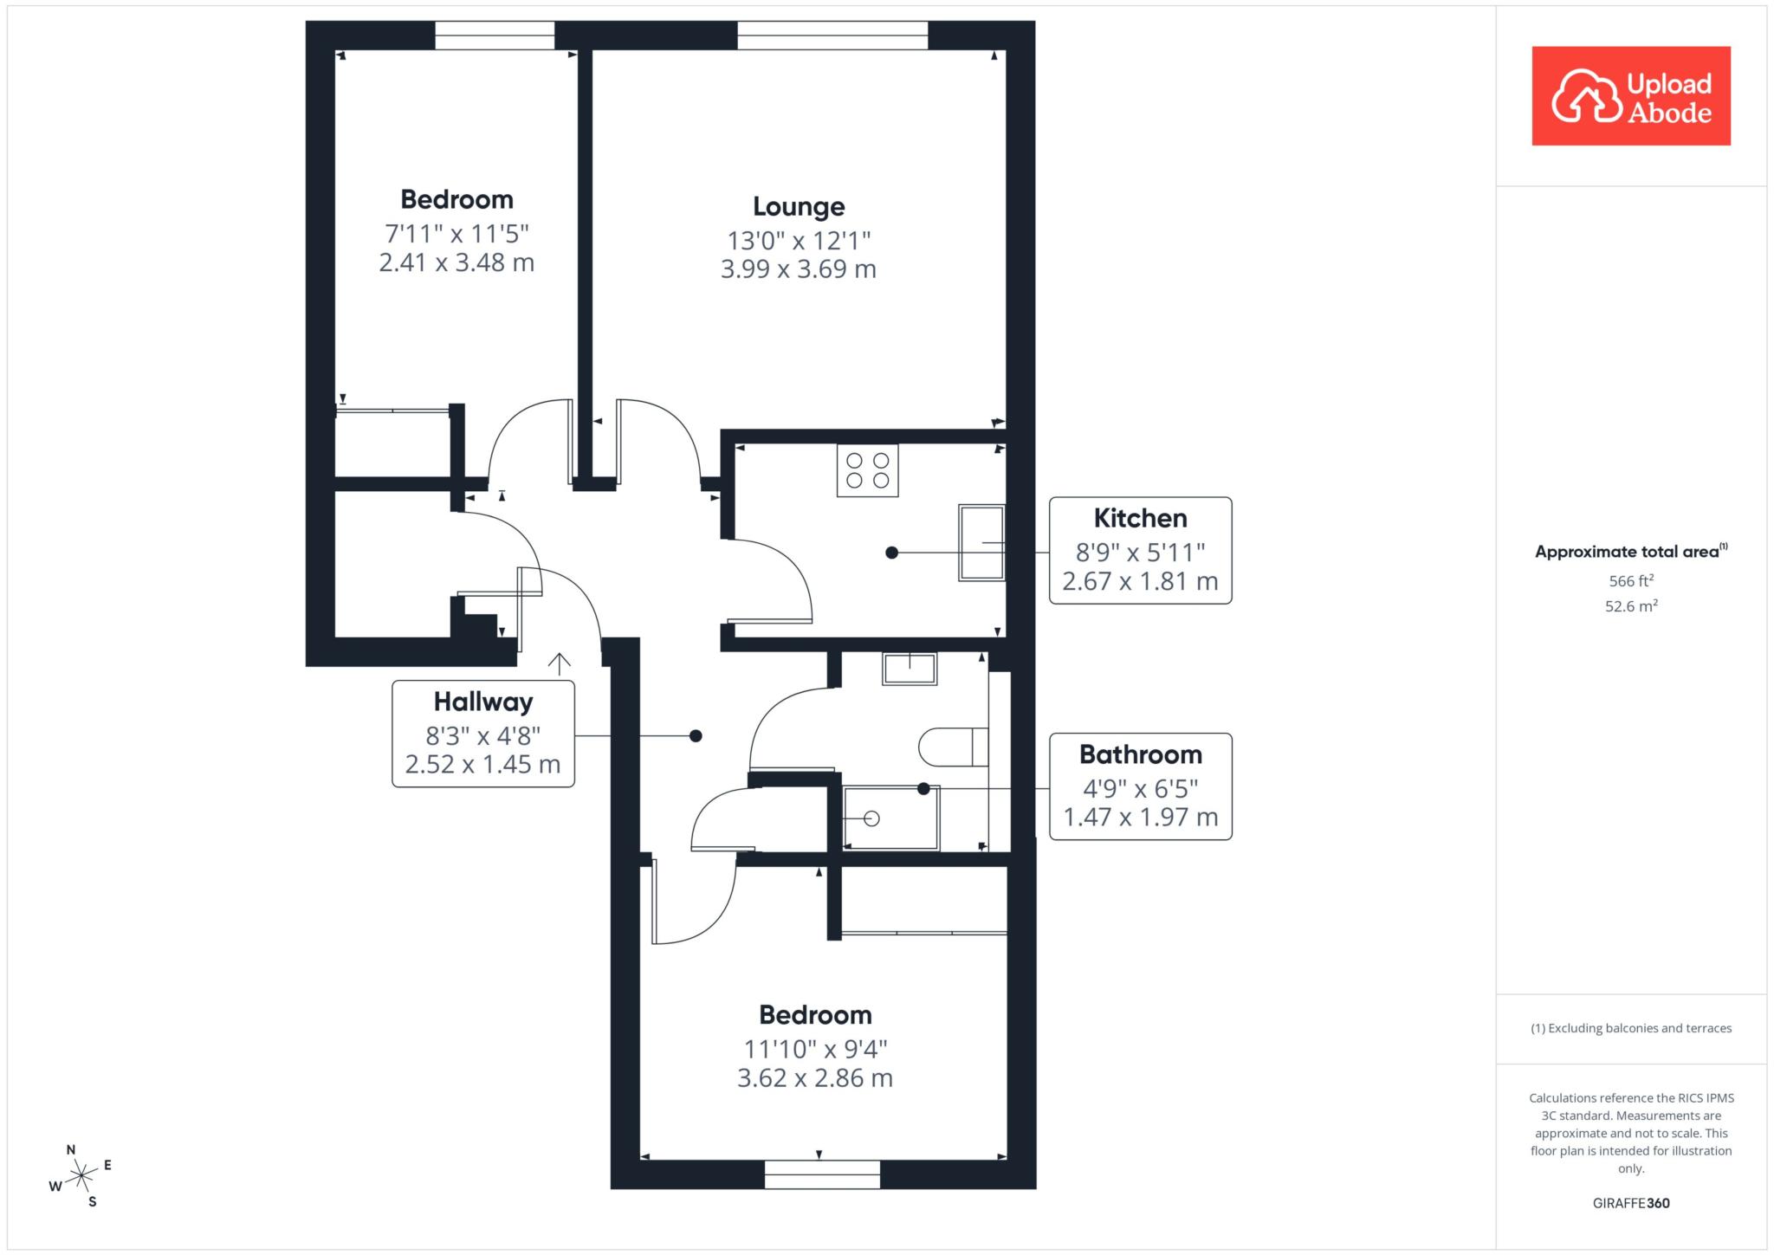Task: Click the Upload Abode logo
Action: click(x=1631, y=96)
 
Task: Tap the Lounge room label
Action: click(x=799, y=207)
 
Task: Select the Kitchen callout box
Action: click(x=1140, y=550)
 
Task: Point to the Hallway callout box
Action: click(x=483, y=734)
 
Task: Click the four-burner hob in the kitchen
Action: click(x=867, y=470)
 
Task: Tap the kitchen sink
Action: click(x=981, y=542)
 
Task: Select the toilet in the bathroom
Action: click(x=953, y=747)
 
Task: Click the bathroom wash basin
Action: click(x=910, y=669)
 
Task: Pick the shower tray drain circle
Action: click(x=871, y=818)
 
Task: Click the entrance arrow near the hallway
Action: click(x=560, y=663)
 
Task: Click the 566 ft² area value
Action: click(x=1631, y=580)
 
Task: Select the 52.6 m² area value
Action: click(x=1631, y=605)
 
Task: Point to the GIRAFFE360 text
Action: click(x=1631, y=1203)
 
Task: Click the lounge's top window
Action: click(x=832, y=36)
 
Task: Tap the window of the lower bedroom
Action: click(x=822, y=1174)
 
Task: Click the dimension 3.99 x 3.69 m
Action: click(x=799, y=269)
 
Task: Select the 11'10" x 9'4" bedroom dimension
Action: click(x=815, y=1050)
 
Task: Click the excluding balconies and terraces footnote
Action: click(x=1631, y=1028)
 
